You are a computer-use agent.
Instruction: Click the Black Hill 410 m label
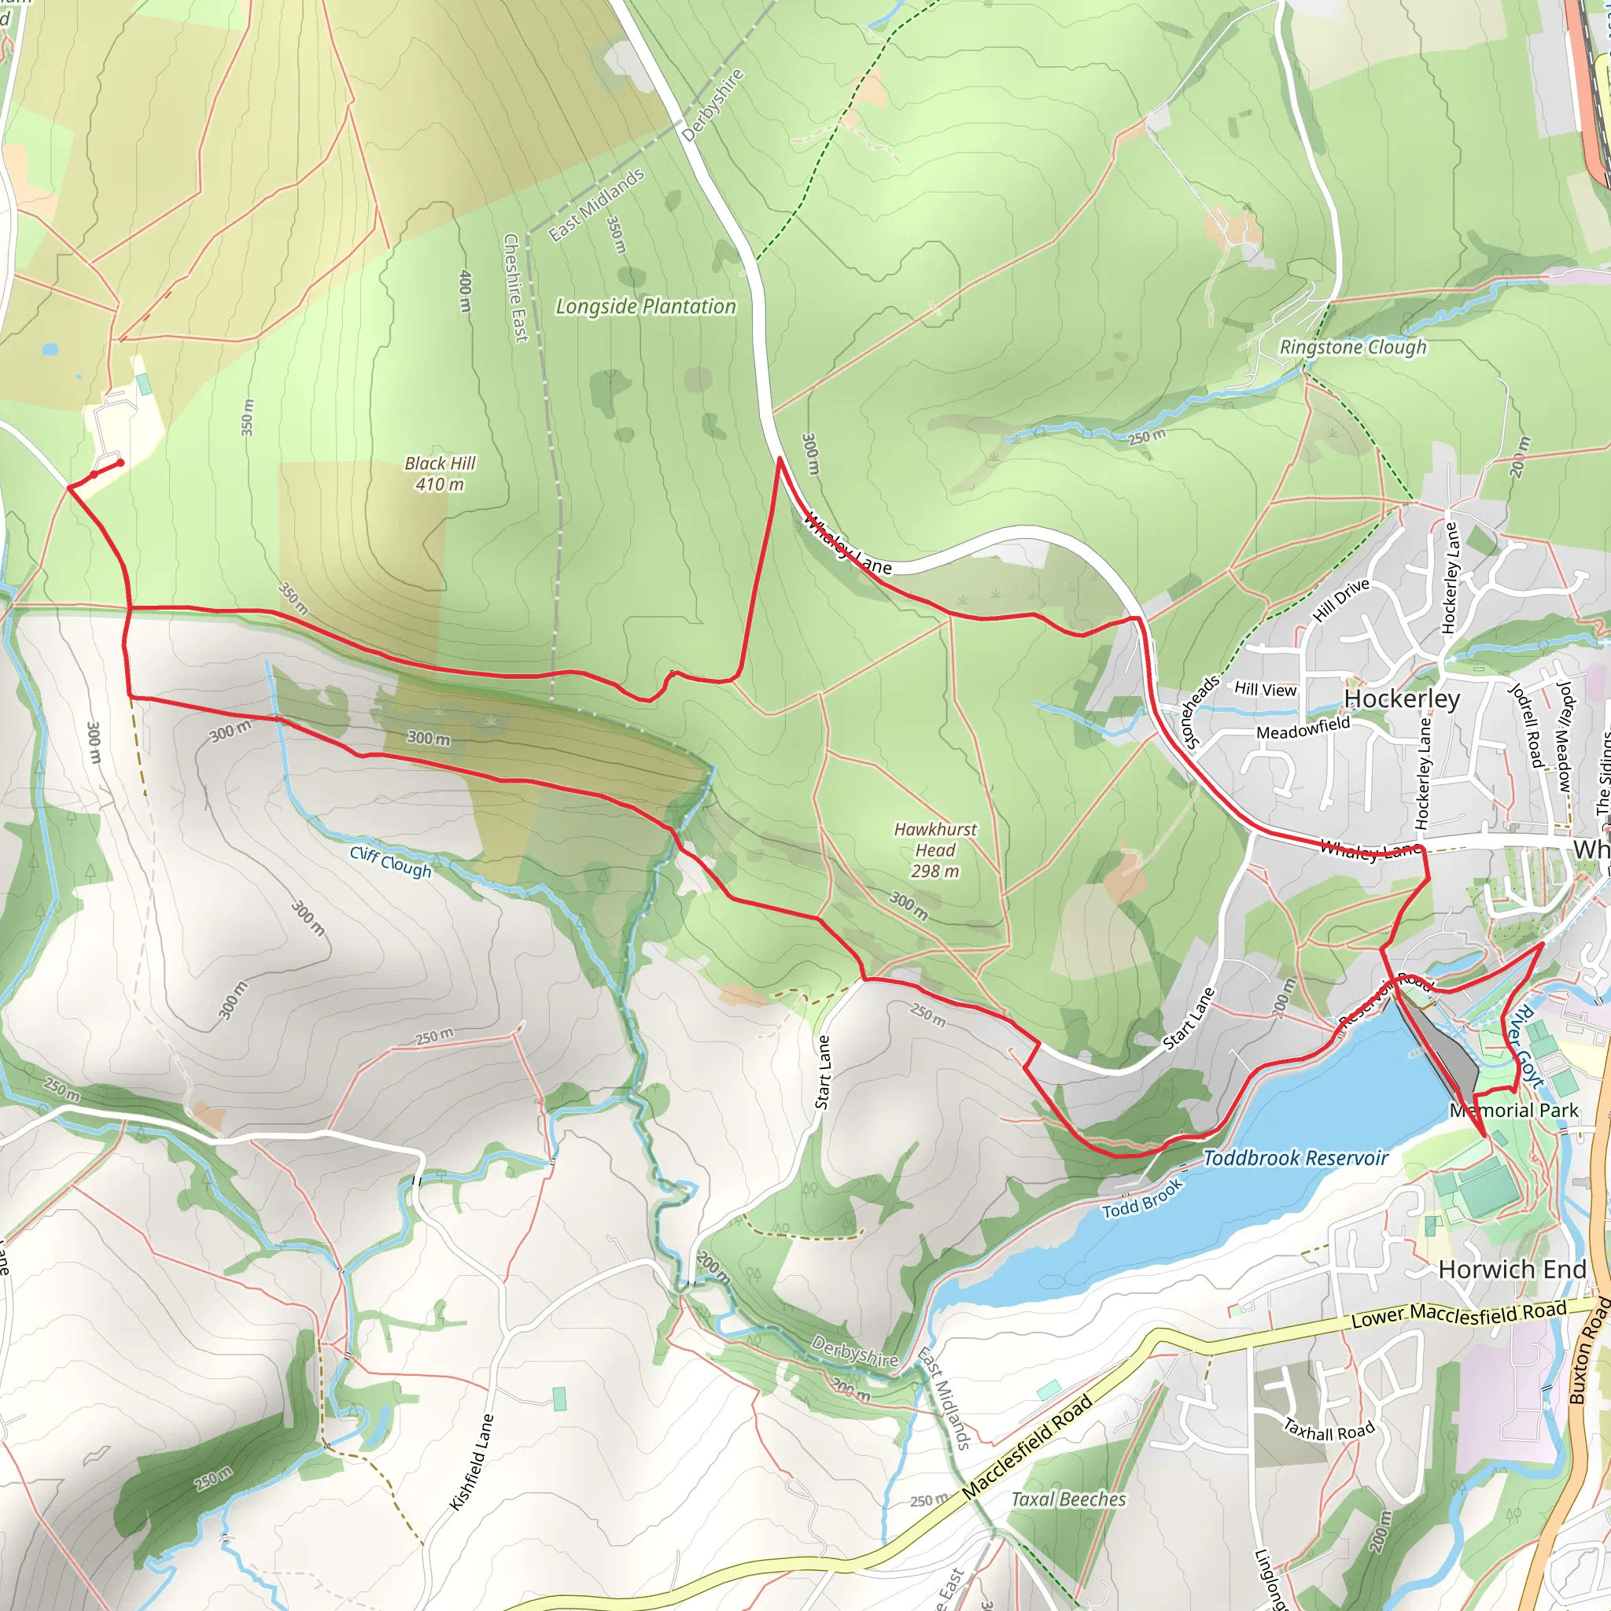[440, 474]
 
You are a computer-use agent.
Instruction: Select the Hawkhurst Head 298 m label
[935, 850]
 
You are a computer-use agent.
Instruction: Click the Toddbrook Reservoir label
[1295, 1158]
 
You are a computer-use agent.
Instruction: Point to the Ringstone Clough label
[1352, 347]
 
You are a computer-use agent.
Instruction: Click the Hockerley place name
[1402, 699]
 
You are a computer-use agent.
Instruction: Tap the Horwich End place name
[1512, 1269]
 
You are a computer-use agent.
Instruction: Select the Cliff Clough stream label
[391, 861]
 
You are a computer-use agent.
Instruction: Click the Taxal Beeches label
[1068, 1499]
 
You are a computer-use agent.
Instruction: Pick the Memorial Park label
[1513, 1111]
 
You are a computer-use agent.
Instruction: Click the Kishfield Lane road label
[472, 1462]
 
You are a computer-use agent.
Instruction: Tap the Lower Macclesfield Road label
[1458, 1315]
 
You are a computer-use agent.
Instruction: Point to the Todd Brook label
[1142, 1199]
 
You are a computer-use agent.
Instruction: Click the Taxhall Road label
[1329, 1430]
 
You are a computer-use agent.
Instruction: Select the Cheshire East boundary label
[515, 288]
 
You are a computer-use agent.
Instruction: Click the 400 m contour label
[466, 291]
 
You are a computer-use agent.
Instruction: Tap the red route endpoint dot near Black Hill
[121, 463]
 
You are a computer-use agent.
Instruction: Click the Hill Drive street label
[1341, 599]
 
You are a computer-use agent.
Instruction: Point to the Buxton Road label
[1588, 1351]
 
